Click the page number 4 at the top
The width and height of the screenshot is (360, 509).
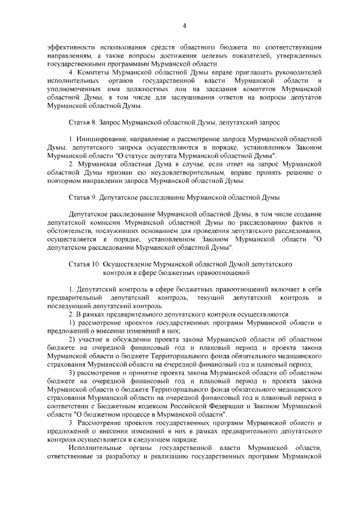click(x=184, y=26)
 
